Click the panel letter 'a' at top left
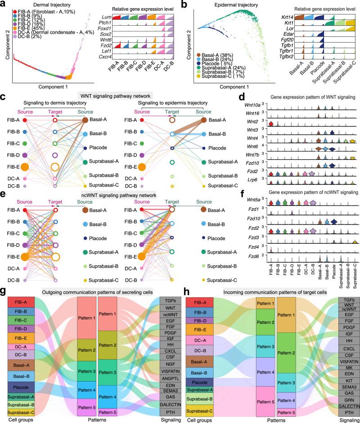coord(4,5)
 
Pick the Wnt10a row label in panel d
coord(260,107)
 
